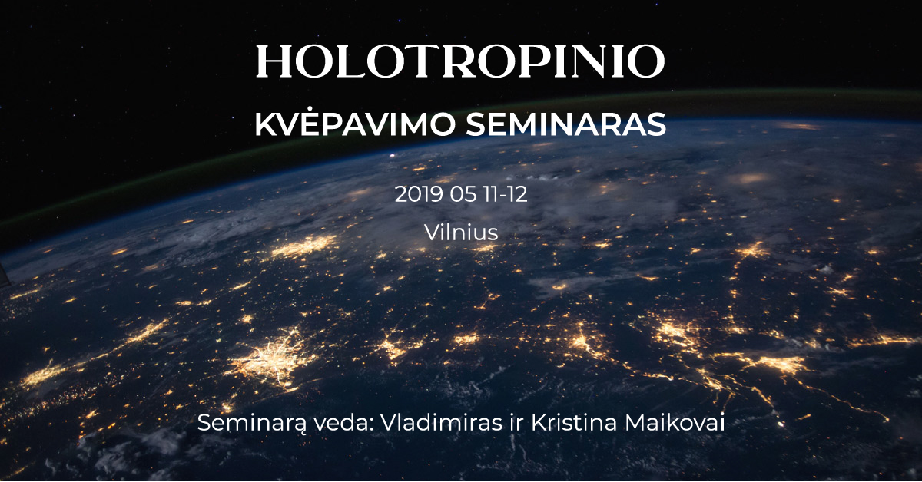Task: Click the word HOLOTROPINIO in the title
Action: point(460,61)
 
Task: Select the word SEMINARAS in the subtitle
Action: point(566,124)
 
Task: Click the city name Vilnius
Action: point(461,233)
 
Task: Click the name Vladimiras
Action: point(441,423)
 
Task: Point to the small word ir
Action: point(516,423)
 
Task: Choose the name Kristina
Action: point(574,423)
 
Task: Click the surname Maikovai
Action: point(675,423)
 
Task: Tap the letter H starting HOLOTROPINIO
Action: point(274,61)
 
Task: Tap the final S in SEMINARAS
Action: point(655,124)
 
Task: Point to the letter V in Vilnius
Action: point(433,233)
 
